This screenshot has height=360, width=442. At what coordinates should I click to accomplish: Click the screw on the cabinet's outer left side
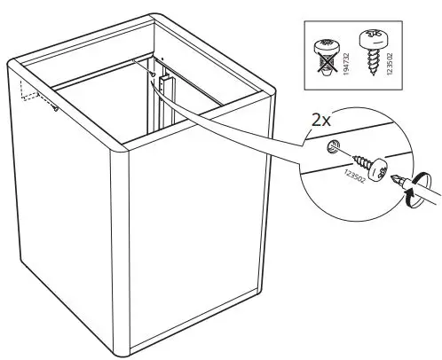click(55, 109)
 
